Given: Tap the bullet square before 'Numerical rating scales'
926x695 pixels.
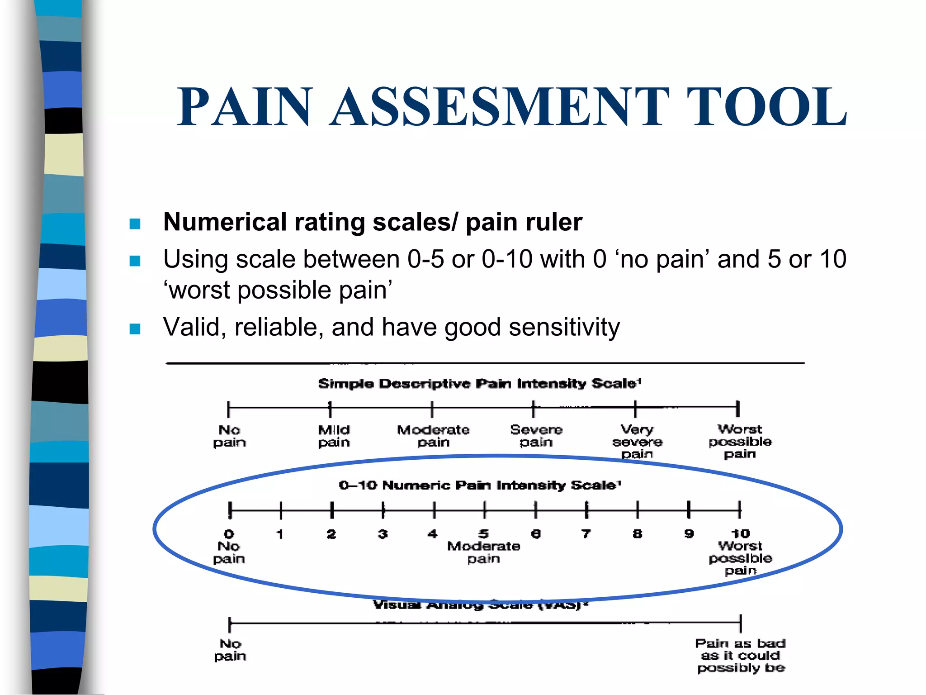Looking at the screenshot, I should [135, 224].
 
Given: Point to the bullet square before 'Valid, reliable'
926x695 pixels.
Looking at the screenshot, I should [135, 328].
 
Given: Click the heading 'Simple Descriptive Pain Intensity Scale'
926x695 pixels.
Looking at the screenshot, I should [479, 384].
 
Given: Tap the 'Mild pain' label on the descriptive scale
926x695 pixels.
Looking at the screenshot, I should [334, 436].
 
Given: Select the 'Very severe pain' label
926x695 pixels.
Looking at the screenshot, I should [637, 441].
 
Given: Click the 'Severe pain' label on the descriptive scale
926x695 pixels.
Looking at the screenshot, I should [536, 435].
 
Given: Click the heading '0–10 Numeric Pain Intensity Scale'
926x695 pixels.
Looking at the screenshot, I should [480, 486].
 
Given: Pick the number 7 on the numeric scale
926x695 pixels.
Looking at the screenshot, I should [586, 534].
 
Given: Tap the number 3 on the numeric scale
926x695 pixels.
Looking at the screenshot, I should [383, 534].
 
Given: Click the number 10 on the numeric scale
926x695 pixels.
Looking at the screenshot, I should [740, 534].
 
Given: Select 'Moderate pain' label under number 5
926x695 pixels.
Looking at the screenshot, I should [483, 552].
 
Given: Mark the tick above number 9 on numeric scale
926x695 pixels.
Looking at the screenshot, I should [689, 510].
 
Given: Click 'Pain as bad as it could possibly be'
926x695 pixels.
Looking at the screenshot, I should [740, 655].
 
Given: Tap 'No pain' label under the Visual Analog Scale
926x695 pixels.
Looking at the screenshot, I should [230, 650].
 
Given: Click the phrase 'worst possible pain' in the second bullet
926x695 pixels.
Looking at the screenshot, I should [278, 290].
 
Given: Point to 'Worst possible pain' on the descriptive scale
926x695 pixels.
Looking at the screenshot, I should [740, 441].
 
